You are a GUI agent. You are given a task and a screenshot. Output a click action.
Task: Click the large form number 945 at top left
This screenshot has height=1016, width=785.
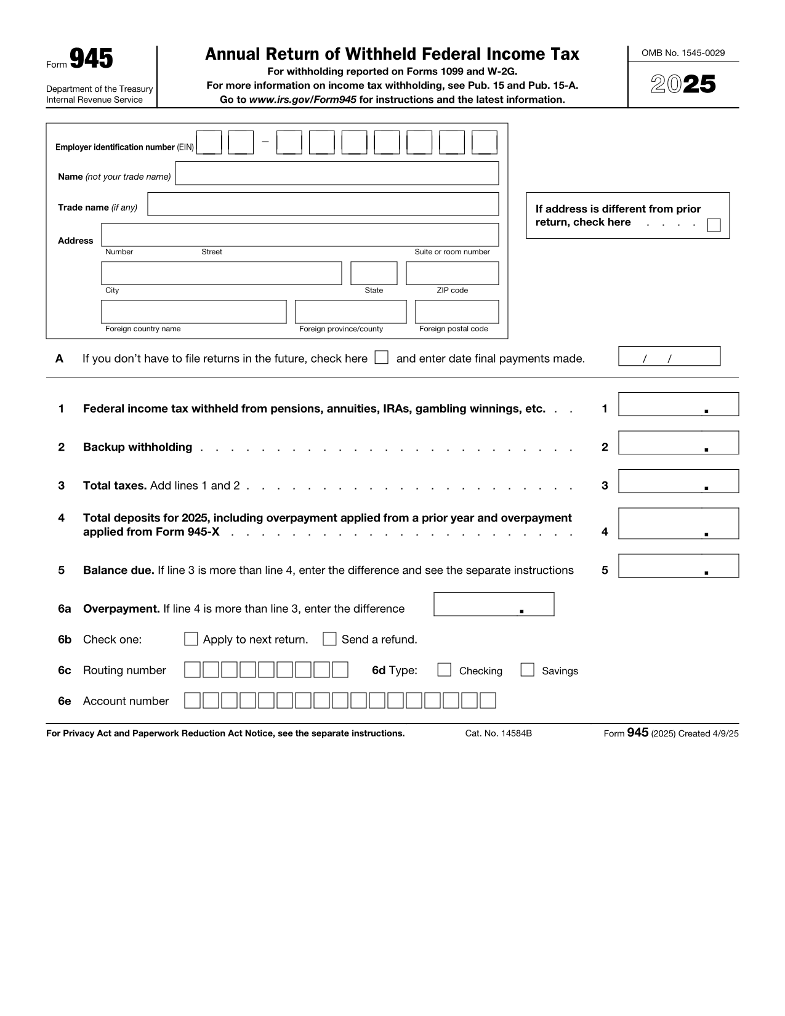[91, 59]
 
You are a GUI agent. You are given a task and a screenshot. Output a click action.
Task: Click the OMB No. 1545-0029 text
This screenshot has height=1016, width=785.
[683, 53]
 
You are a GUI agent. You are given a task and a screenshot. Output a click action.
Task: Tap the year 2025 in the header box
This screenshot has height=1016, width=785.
[683, 84]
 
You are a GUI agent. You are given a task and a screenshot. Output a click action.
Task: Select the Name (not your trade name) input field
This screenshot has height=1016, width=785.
[337, 174]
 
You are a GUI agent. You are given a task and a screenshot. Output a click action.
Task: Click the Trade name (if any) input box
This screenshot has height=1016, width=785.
[323, 204]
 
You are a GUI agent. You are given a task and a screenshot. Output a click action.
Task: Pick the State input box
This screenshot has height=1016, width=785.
[374, 273]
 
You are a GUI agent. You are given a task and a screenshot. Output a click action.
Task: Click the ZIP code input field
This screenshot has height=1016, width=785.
[452, 273]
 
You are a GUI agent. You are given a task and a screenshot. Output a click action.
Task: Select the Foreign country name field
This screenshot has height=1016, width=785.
[193, 312]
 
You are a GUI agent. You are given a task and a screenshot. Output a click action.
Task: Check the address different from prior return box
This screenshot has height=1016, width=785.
[714, 225]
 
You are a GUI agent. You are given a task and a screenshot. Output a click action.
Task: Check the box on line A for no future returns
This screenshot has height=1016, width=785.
[382, 358]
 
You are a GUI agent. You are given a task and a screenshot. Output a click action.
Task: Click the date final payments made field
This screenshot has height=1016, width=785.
[669, 357]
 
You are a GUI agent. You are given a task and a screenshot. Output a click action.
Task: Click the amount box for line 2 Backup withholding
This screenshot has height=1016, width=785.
[678, 443]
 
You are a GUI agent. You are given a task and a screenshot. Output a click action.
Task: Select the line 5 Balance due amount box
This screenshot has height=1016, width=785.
[678, 566]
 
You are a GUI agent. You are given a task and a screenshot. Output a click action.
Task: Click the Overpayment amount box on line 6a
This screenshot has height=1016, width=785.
[493, 605]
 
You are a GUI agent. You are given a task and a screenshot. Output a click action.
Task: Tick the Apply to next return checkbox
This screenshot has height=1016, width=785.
[191, 639]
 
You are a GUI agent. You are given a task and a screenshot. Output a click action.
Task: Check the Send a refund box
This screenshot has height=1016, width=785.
[329, 639]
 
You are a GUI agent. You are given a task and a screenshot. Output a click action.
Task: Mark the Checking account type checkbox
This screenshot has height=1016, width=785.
[444, 670]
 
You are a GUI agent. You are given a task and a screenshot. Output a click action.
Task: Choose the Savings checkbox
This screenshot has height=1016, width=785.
[527, 670]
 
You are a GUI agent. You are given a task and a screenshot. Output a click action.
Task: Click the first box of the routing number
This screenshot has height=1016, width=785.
[192, 670]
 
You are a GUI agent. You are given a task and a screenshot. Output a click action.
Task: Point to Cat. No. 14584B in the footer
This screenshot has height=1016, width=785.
[498, 733]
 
